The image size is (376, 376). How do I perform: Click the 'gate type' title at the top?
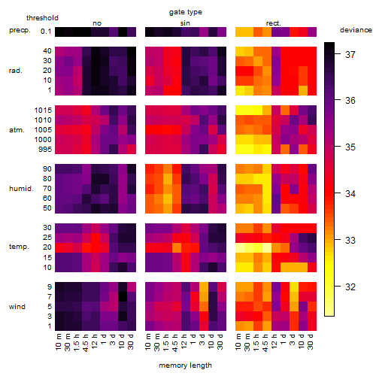186,12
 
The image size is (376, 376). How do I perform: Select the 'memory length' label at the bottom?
185,365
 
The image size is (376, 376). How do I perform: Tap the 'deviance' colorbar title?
356,30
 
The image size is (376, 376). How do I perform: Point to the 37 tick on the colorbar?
350,54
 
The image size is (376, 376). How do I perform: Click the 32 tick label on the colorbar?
350,287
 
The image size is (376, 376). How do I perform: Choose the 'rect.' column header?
273,23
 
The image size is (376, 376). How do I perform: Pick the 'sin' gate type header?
185,23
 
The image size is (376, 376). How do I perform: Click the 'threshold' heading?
42,18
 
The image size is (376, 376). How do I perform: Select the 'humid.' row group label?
21,189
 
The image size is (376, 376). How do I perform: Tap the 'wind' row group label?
17,307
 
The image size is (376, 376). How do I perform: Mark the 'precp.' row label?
20,31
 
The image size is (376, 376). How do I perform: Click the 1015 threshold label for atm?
43,111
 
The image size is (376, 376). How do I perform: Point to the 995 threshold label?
45,150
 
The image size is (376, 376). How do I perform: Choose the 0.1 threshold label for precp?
46,32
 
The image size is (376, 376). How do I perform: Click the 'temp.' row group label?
19,247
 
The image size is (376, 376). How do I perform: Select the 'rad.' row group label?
16,71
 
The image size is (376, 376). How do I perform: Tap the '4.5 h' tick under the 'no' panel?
86,342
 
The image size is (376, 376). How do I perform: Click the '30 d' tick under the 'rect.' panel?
311,341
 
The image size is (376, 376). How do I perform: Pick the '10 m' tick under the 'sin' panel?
148,342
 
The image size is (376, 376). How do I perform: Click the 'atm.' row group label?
17,130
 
